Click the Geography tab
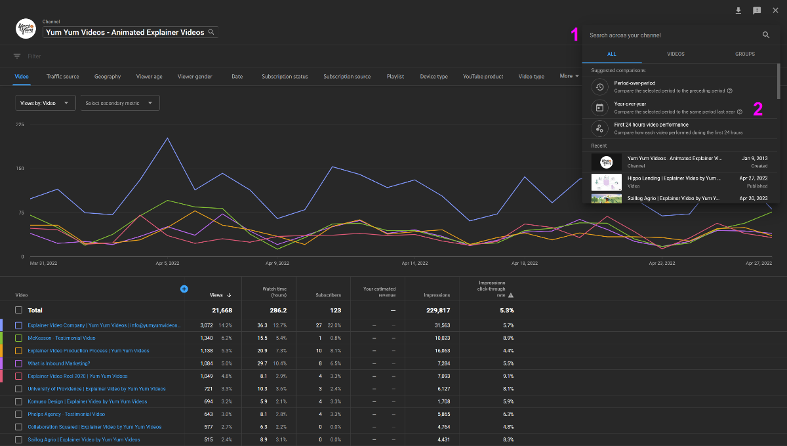click(108, 77)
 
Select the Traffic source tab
click(62, 77)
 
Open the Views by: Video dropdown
click(45, 103)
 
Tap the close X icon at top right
click(775, 10)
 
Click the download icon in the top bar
click(738, 10)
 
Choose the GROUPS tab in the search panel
click(744, 54)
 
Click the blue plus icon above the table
click(184, 289)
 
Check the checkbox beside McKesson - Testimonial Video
click(19, 338)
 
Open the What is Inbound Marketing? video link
click(59, 363)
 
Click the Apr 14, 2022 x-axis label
click(414, 263)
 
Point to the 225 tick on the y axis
click(20, 124)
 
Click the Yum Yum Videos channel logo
click(26, 29)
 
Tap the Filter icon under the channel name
click(17, 56)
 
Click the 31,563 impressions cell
click(437, 325)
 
